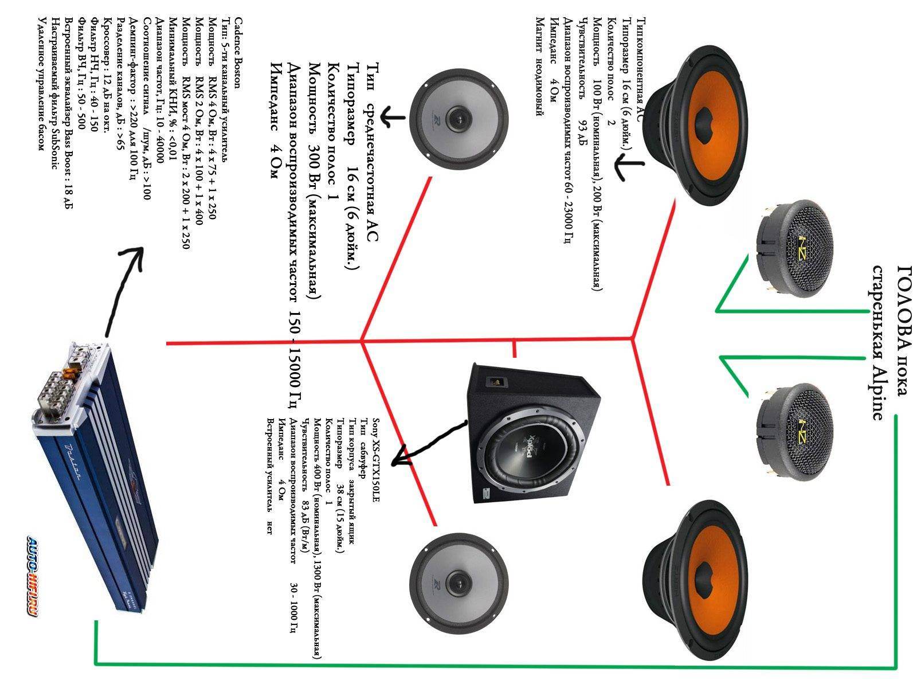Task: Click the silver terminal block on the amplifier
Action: click(x=57, y=396)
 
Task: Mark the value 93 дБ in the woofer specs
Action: click(x=583, y=127)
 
